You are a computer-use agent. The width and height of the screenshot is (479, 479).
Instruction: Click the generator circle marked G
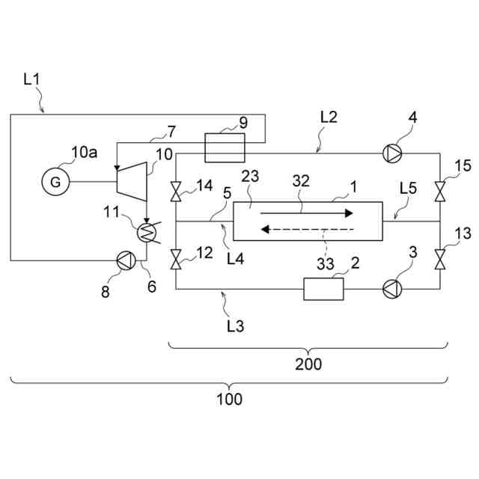pos(55,181)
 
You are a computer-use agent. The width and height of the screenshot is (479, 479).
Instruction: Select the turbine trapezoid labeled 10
pos(132,180)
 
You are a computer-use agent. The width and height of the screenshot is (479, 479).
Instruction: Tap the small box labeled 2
pos(323,289)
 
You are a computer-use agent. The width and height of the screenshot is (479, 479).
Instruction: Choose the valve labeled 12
pos(175,260)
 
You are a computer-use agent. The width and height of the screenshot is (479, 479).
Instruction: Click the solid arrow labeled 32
pos(307,213)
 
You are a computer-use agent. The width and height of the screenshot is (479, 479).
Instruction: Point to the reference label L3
pos(235,326)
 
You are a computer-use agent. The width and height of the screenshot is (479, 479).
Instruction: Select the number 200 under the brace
pos(308,364)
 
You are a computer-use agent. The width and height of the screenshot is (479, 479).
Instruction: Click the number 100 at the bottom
pos(230,399)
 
